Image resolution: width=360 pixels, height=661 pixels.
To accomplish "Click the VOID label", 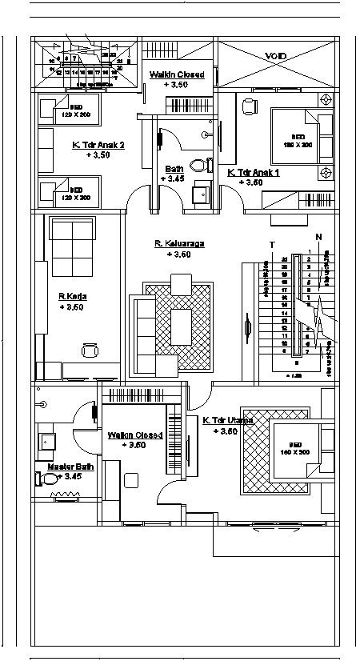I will pyautogui.click(x=277, y=56).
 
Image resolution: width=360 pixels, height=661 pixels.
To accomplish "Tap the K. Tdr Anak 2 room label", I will pyautogui.click(x=86, y=145).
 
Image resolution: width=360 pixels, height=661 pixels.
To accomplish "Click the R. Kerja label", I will pyautogui.click(x=72, y=296).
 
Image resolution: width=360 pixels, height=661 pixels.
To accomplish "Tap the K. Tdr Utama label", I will pyautogui.click(x=228, y=420).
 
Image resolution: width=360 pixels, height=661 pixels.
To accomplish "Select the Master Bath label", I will pyautogui.click(x=65, y=466).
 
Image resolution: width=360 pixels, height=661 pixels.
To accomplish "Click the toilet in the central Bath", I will pyautogui.click(x=207, y=165).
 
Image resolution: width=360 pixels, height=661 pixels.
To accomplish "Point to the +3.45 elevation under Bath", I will pyautogui.click(x=174, y=178).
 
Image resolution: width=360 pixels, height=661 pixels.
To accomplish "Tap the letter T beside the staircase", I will pyautogui.click(x=273, y=245).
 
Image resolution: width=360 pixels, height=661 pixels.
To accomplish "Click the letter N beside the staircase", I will pyautogui.click(x=318, y=237).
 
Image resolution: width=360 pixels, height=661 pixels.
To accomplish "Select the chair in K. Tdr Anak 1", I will pyautogui.click(x=250, y=106).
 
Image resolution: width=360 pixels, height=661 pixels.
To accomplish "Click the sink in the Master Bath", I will pyautogui.click(x=46, y=441).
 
